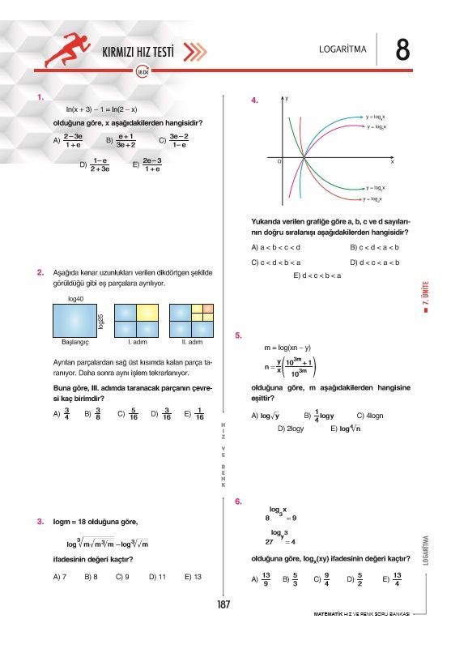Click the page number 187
225,604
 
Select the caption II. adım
191,342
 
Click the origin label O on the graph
279,163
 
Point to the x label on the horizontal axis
392,162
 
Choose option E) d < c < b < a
317,275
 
